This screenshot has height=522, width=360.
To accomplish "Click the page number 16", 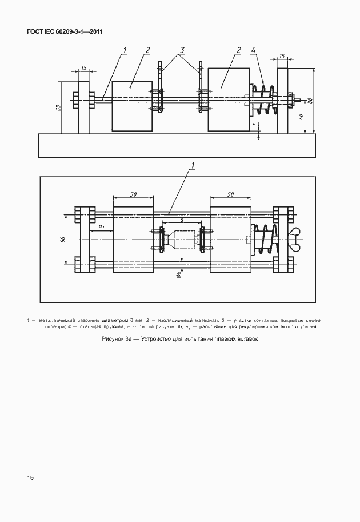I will pos(30,477).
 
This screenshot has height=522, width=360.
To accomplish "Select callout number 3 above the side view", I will pos(182,50).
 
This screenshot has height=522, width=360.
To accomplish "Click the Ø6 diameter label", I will pos(179,275).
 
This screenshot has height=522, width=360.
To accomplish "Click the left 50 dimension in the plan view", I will pos(133,195).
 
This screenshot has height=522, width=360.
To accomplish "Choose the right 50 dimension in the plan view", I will pos(230,195).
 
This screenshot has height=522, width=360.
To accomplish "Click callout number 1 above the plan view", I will pos(194,166).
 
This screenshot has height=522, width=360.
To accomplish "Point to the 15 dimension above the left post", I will pos(84,68).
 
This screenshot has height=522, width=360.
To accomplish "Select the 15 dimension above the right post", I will pos(282,57).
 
